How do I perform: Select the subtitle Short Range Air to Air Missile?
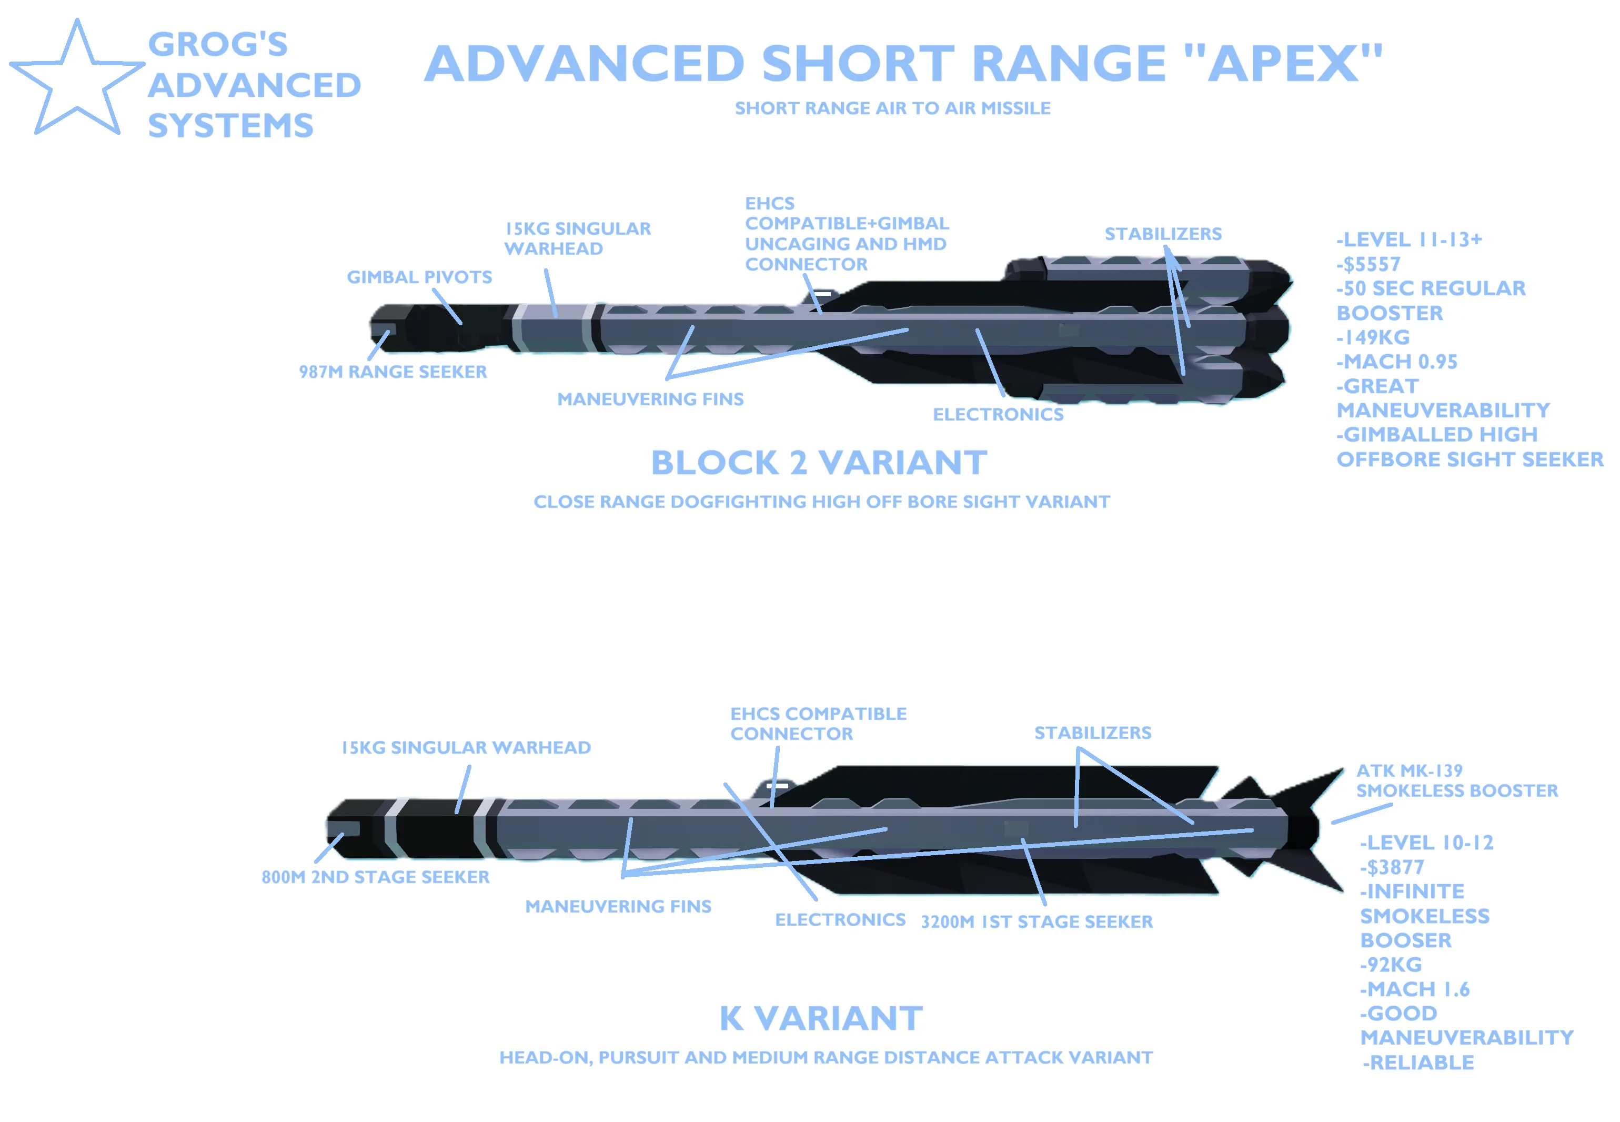click(892, 108)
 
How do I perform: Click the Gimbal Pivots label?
click(419, 277)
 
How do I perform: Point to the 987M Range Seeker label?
click(393, 372)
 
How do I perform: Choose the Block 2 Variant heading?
click(819, 463)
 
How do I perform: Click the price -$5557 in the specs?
click(1369, 264)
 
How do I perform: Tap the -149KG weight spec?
click(1373, 337)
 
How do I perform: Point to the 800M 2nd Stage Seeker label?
click(375, 877)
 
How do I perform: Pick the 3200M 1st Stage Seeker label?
click(1037, 921)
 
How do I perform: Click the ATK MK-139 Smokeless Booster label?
click(1456, 781)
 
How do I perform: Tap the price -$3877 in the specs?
click(1392, 867)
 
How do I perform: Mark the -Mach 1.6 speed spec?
click(1415, 989)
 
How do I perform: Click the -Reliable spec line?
click(1418, 1062)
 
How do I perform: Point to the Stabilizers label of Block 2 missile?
click(1163, 234)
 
